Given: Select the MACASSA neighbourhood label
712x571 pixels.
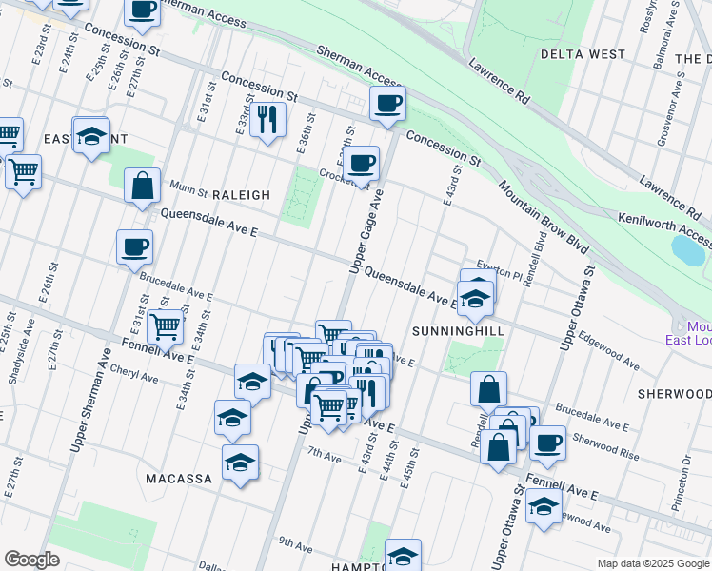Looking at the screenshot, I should (179, 479).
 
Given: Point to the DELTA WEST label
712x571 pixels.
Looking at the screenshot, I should (582, 54).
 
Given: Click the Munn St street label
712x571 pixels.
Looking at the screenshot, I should (188, 187).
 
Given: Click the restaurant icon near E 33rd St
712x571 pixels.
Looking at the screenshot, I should (267, 118).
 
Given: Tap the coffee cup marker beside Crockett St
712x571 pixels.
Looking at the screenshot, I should (361, 163).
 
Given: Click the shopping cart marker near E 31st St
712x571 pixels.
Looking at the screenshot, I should (165, 326).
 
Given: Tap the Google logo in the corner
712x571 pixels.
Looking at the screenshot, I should (31, 560).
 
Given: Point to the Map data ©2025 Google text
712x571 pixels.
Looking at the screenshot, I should (652, 563).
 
